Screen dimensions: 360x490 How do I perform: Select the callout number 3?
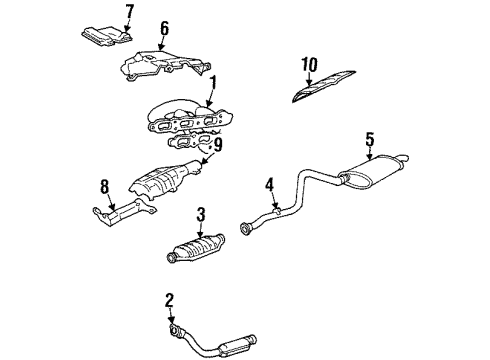click(201, 213)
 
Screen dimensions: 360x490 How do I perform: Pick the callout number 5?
click(369, 141)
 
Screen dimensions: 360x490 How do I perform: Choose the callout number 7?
click(127, 12)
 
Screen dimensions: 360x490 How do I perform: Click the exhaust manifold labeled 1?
click(185, 119)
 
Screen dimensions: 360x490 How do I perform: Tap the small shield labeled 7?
click(103, 33)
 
